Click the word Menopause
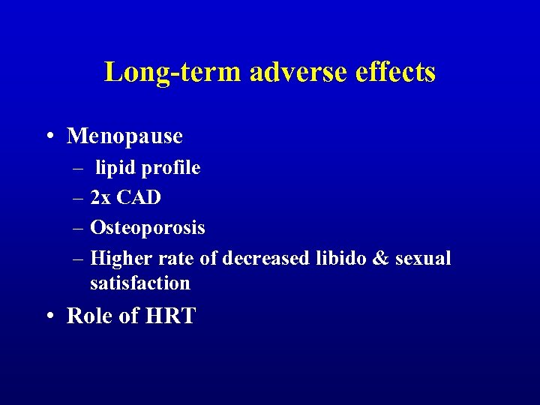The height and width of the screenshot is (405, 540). [124, 136]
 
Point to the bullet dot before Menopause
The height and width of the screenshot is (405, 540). [49, 136]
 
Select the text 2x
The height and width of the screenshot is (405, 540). [100, 198]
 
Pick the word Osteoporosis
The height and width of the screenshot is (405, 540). [147, 228]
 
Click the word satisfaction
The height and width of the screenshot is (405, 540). [139, 283]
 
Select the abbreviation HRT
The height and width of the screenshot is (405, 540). [170, 316]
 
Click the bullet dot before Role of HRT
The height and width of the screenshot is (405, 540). [49, 316]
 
